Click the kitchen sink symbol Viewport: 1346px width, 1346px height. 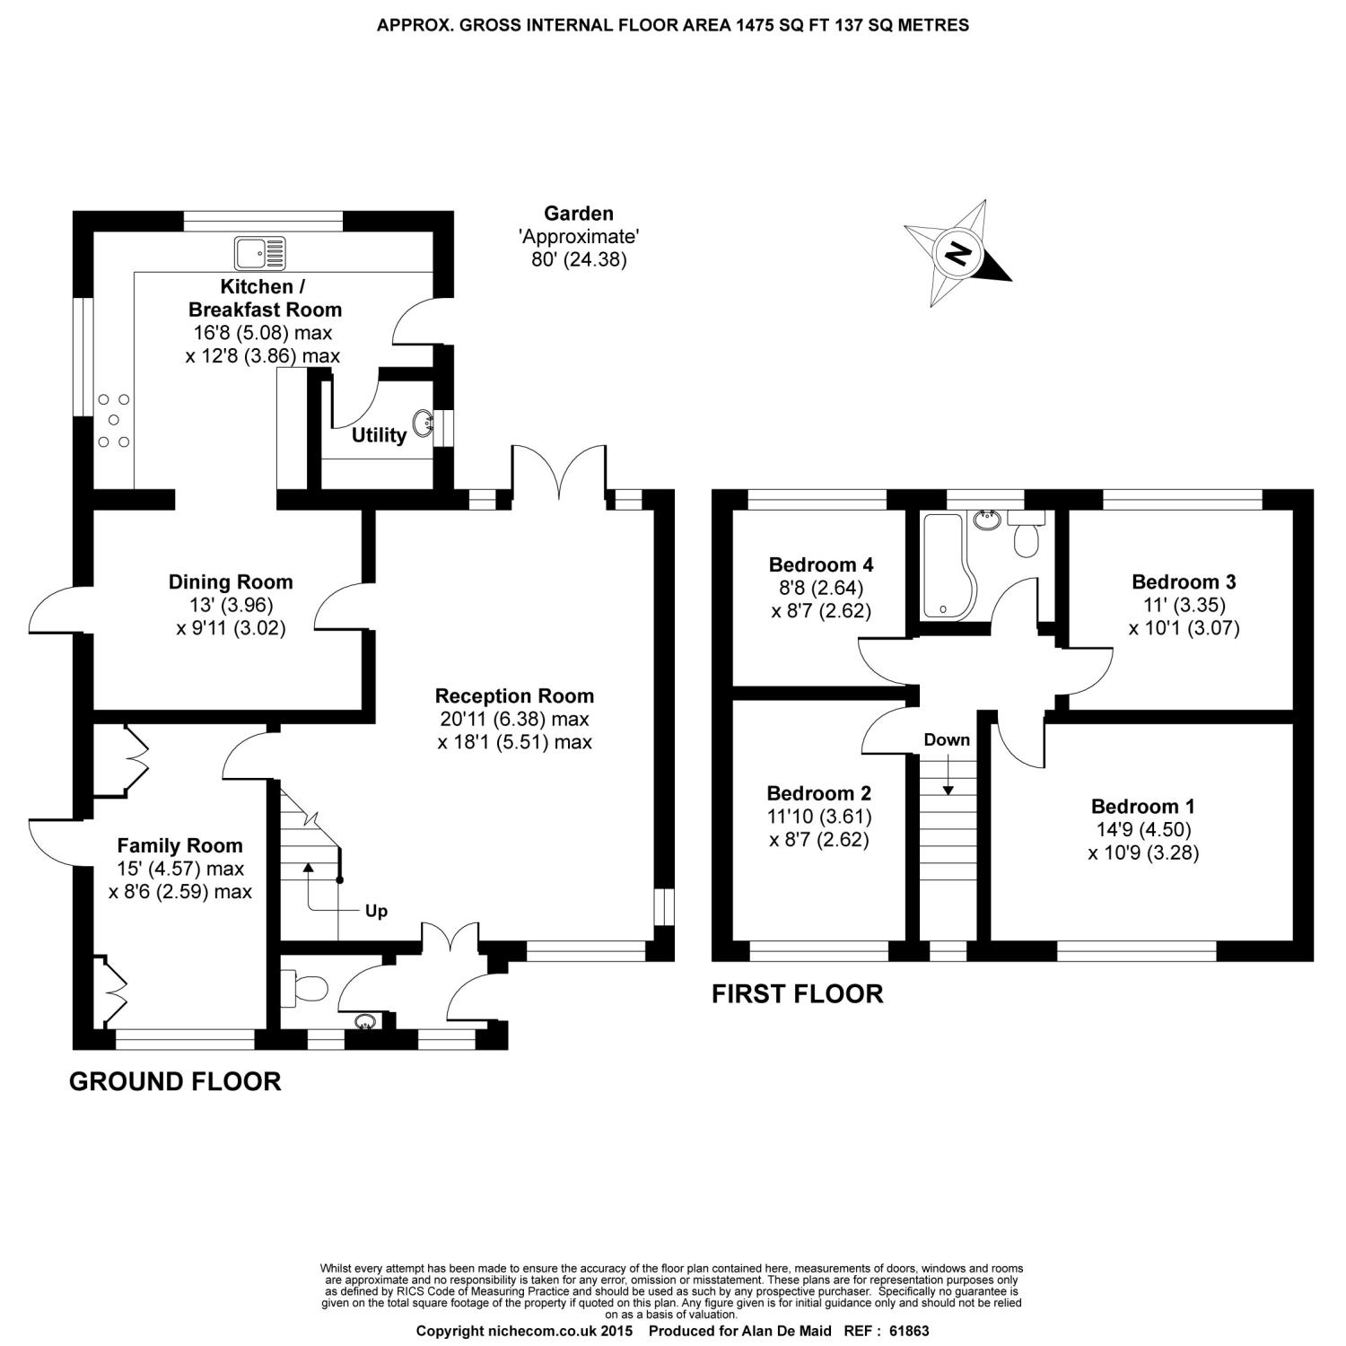tap(260, 252)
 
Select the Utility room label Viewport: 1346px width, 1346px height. tap(379, 435)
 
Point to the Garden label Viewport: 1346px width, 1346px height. tap(579, 214)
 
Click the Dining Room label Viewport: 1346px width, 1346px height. tap(231, 581)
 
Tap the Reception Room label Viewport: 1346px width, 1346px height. tap(514, 695)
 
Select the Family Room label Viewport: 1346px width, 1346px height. tap(179, 845)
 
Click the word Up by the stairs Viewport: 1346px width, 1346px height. tap(376, 911)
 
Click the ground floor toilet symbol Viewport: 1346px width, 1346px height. tap(305, 989)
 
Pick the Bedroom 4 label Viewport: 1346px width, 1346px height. tap(821, 564)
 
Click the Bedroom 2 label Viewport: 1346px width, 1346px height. tap(818, 793)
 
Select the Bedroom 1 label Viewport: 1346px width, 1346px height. tap(1142, 806)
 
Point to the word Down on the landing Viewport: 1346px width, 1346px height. tap(947, 739)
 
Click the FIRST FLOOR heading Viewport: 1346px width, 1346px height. tap(797, 993)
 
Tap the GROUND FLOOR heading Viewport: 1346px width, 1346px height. tap(175, 1081)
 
